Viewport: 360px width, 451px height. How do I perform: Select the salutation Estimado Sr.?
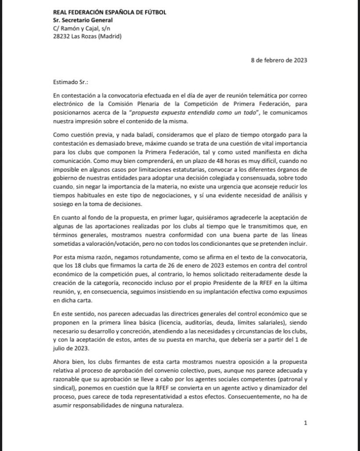coord(71,81)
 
